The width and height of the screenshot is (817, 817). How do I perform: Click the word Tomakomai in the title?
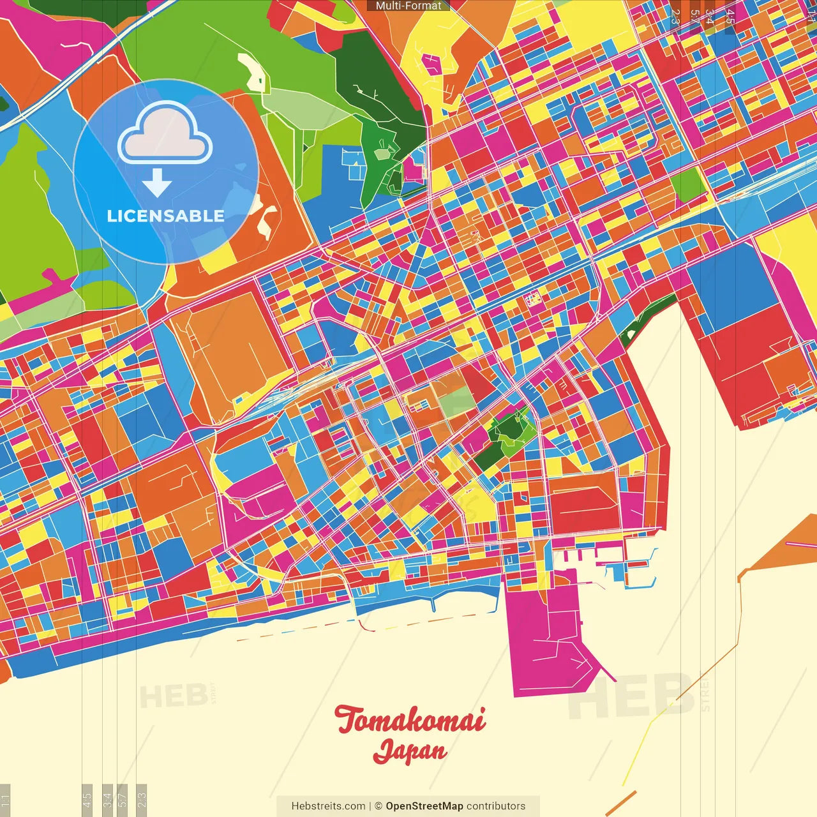(410, 720)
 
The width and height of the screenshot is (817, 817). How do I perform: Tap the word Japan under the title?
(410, 751)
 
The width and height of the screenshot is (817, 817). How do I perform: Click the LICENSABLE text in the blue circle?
(165, 216)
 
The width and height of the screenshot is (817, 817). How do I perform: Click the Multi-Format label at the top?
(408, 6)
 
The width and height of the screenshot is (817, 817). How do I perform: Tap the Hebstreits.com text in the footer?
(328, 806)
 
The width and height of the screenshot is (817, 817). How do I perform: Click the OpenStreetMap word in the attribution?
(424, 806)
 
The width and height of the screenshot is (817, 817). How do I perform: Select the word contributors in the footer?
(496, 806)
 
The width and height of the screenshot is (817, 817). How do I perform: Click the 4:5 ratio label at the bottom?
(87, 800)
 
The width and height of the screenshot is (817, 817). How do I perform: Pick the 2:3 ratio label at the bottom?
(142, 800)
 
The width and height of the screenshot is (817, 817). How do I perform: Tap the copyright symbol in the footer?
(378, 806)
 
